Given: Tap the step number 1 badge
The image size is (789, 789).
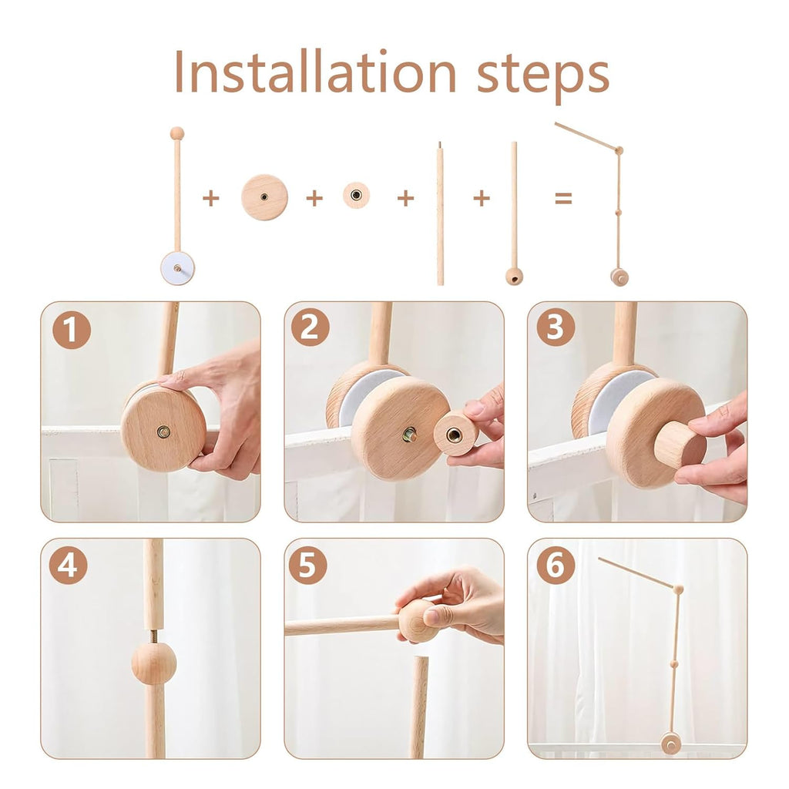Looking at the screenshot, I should coord(71,331).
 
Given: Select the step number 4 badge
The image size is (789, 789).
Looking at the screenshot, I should coord(68,566).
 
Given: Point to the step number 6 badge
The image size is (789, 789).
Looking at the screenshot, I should coord(555,566).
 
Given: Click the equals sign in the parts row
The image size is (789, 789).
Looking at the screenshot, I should coord(564,199).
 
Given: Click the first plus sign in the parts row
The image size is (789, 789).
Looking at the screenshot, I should coord(210,199).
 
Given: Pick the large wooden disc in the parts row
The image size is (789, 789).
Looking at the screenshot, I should coord(264,197).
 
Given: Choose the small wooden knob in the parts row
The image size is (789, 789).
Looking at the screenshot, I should coord(356,196).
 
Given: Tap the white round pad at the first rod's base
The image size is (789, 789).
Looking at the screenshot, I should coord(177,268).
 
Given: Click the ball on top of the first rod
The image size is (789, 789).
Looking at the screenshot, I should coord(177,133).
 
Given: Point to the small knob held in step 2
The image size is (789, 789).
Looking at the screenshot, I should coord(455,434).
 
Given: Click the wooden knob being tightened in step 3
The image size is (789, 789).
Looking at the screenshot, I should coord(679,445).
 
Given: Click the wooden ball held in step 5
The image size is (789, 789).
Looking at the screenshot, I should coord(417,621).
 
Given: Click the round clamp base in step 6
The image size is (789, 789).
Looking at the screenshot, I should coord(670,744).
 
